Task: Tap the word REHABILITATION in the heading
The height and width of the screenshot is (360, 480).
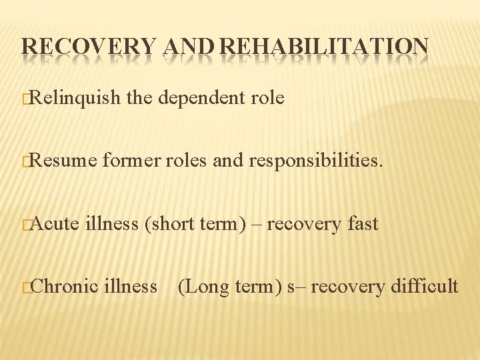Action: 324,47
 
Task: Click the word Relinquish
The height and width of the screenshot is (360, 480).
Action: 74,99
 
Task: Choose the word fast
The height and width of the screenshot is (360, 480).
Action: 363,224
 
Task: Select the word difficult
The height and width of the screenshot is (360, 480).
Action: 424,287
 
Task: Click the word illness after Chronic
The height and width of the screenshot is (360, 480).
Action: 132,287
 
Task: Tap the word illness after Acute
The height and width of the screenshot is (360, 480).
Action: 112,224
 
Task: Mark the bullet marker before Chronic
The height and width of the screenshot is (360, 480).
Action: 25,288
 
